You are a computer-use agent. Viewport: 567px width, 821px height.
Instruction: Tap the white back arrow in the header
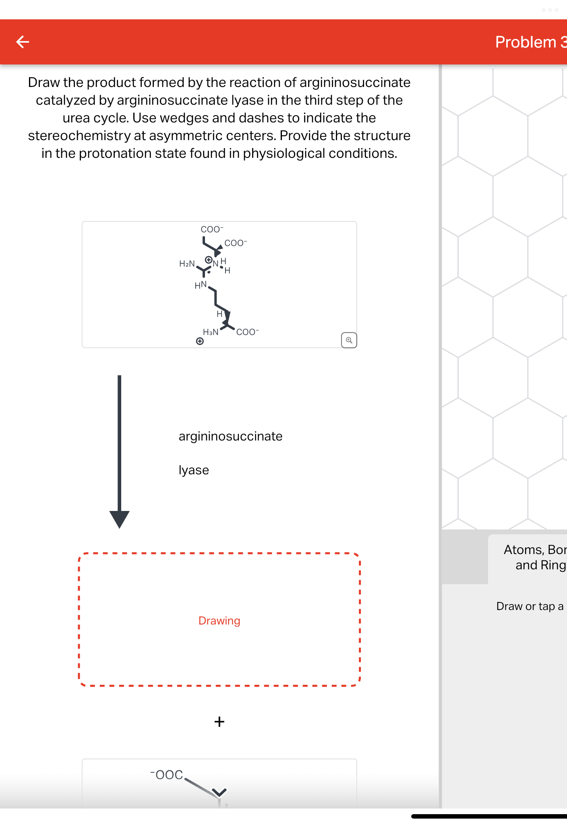23,41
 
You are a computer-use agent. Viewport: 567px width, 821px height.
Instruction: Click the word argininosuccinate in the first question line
355,83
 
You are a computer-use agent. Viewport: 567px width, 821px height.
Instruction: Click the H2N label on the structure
187,264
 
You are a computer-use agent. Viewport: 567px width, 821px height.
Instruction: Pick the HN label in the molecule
201,285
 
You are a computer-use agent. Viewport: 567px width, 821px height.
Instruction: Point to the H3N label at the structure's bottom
211,332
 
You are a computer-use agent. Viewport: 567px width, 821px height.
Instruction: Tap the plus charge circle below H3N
200,341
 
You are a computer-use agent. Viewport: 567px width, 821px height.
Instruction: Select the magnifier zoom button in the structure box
349,340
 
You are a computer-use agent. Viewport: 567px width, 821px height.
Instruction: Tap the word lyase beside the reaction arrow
194,470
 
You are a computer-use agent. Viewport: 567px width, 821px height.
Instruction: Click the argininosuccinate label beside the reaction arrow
230,436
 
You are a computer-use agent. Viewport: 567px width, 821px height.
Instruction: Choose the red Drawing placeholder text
219,621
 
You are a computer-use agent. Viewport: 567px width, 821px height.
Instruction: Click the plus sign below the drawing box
219,722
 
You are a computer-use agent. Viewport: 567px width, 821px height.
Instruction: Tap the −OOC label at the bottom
167,775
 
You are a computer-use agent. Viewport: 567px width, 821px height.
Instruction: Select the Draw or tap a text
530,606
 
